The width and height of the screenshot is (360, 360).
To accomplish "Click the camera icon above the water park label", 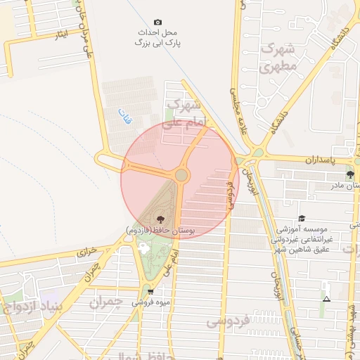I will (157, 22).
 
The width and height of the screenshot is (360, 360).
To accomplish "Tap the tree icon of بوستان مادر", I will (350, 174).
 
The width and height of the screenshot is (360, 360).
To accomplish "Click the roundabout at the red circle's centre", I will (181, 175).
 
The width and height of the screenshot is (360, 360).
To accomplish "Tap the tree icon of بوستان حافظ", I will (162, 219).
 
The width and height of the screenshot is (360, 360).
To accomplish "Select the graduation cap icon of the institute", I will (302, 219).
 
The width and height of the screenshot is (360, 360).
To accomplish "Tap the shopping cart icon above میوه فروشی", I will (150, 291).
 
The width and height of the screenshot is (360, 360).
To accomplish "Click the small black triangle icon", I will (326, 299).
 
